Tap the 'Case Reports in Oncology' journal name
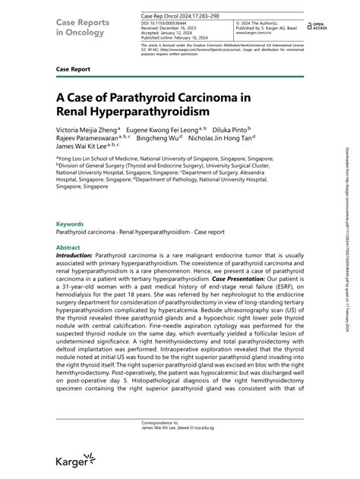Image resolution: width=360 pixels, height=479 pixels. [77, 21]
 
